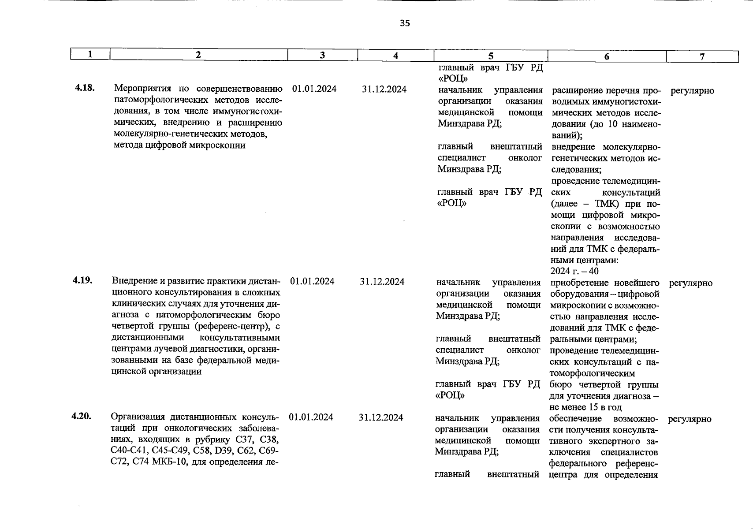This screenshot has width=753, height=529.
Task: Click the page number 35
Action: coord(405,23)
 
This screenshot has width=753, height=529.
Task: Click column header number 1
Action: coord(90,55)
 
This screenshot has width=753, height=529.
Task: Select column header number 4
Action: coord(395,56)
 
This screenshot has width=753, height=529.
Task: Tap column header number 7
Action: coord(702,56)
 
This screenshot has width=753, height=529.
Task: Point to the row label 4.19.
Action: coord(82,280)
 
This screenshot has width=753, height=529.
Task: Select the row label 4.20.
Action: coord(81,416)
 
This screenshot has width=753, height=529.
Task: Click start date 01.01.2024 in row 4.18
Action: coord(314,89)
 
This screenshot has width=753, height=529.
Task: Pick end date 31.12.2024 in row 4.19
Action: coord(382,282)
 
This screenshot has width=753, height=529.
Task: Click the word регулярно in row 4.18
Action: coord(692,91)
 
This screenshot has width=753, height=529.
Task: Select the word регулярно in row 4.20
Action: coord(690,419)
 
